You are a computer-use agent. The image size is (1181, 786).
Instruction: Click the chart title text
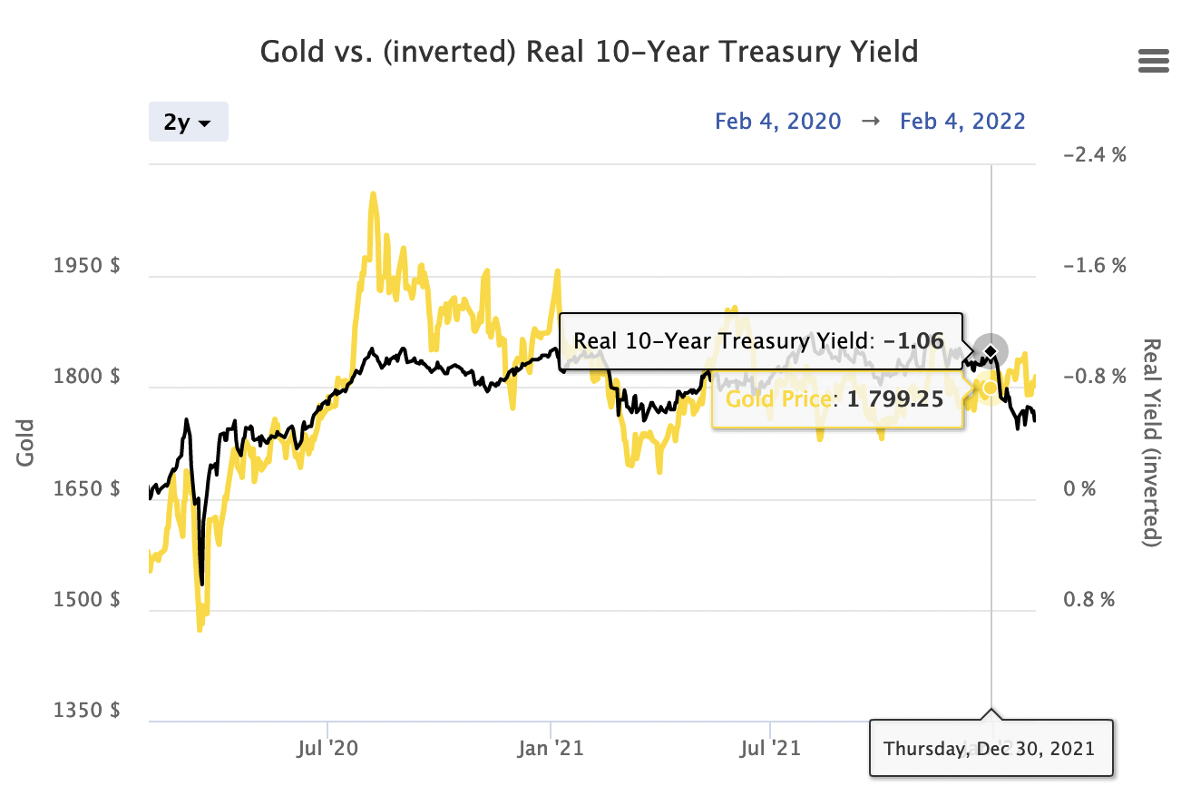pos(589,51)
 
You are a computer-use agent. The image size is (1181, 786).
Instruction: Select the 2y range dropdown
pos(188,123)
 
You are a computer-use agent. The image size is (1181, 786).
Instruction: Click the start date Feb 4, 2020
pos(777,121)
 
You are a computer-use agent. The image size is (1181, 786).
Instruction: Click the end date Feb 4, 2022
pos(962,121)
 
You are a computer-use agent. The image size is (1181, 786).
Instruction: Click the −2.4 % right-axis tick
pos(1093,155)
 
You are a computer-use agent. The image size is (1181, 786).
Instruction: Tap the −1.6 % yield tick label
pos(1093,267)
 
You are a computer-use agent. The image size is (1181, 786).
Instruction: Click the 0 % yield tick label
pos(1080,489)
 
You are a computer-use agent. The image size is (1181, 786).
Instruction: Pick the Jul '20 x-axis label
pos(327,750)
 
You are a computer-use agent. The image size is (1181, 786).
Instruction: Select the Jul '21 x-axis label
pos(769,750)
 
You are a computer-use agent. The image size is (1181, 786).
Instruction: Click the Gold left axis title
pos(25,442)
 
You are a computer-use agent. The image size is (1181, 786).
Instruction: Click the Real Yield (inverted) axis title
pos(1153,443)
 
